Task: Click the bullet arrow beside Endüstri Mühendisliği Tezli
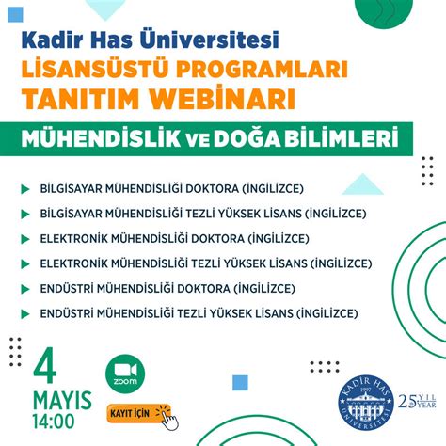[x=24, y=311]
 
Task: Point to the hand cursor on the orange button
[x=162, y=416]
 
